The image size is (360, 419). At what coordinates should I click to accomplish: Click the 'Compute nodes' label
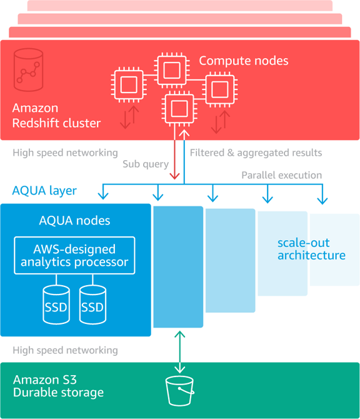click(244, 61)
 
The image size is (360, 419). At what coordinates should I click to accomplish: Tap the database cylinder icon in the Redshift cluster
click(28, 70)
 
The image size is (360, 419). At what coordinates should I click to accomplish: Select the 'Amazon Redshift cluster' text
click(56, 116)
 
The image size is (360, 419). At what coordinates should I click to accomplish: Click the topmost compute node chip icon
click(172, 70)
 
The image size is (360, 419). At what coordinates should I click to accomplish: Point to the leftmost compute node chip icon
click(129, 84)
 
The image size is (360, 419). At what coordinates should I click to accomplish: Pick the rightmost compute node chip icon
click(220, 89)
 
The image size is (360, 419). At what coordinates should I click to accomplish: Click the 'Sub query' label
click(146, 164)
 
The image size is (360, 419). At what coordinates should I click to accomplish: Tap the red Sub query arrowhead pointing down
click(174, 176)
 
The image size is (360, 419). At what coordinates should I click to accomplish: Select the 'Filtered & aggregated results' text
click(256, 153)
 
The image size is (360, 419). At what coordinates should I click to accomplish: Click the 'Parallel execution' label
click(282, 175)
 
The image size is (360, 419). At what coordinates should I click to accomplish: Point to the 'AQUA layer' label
click(44, 191)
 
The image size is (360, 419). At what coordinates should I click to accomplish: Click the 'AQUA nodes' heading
click(74, 221)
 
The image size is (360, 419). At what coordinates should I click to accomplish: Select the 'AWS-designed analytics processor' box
click(74, 255)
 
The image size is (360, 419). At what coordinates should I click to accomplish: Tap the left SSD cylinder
click(56, 305)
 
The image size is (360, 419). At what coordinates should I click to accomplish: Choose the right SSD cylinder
click(92, 305)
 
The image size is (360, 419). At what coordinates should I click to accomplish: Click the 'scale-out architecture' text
click(311, 249)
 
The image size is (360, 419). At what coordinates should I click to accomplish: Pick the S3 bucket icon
click(180, 391)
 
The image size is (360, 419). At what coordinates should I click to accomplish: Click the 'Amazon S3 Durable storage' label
click(58, 386)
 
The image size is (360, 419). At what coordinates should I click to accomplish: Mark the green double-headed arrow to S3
click(180, 352)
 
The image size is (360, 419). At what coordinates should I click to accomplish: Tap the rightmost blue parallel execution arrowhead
click(322, 201)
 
